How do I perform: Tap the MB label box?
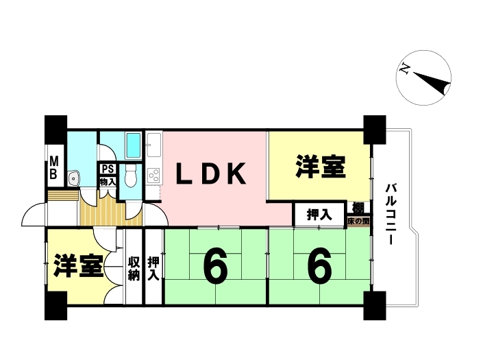(53, 169)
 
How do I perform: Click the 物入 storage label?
(108, 182)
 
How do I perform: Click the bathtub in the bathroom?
(134, 145)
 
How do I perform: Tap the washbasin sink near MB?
(73, 179)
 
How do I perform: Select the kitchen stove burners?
(153, 174)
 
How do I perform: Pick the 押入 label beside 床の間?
(319, 215)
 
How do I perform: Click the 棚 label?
(358, 208)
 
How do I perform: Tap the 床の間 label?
(358, 221)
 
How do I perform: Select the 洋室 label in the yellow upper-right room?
(320, 167)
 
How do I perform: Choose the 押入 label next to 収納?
(154, 267)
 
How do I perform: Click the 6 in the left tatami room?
(215, 267)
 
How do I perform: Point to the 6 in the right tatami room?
(319, 267)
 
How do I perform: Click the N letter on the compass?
(406, 68)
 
